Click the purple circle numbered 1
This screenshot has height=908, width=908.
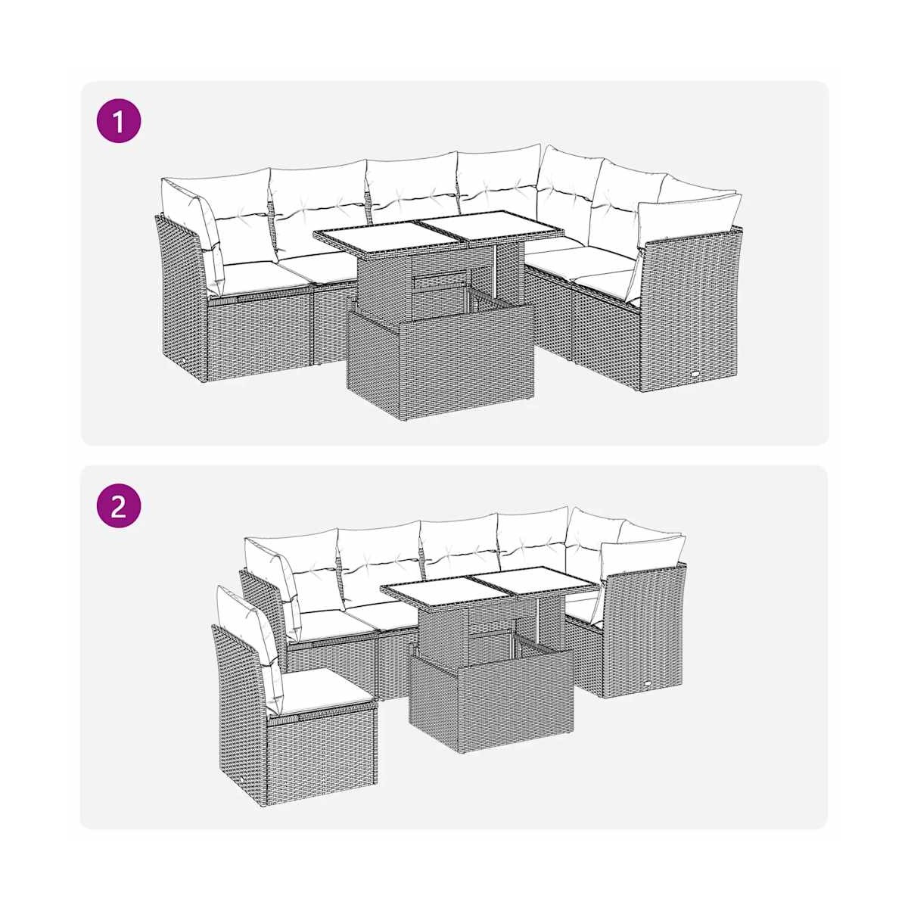click(118, 121)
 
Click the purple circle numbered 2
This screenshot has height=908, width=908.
click(118, 505)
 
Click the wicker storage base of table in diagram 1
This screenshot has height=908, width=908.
click(440, 362)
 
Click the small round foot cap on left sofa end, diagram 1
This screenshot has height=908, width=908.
click(183, 360)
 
